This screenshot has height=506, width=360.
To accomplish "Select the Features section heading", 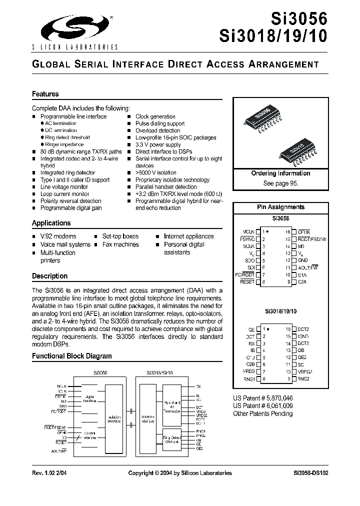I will (x=45, y=94).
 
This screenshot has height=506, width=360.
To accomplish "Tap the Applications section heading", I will (x=51, y=223).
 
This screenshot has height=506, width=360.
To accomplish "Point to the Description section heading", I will (x=49, y=276).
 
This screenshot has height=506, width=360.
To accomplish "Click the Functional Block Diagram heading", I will (x=72, y=356).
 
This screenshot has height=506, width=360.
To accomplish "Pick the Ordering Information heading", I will (x=280, y=173).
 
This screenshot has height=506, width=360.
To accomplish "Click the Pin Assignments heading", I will (x=280, y=207).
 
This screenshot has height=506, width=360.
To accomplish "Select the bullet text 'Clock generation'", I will (x=155, y=116).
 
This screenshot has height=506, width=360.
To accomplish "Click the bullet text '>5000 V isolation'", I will (x=156, y=173).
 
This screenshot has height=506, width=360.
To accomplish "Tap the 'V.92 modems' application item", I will (x=58, y=236).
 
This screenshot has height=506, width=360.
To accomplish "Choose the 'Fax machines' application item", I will (x=120, y=244).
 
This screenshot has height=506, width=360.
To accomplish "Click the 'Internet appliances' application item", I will (x=188, y=236).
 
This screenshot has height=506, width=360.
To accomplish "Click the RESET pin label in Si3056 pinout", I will (x=247, y=282).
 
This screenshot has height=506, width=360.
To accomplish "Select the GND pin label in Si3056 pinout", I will (x=303, y=260).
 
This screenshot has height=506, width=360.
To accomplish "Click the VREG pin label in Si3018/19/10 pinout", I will (x=248, y=371).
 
